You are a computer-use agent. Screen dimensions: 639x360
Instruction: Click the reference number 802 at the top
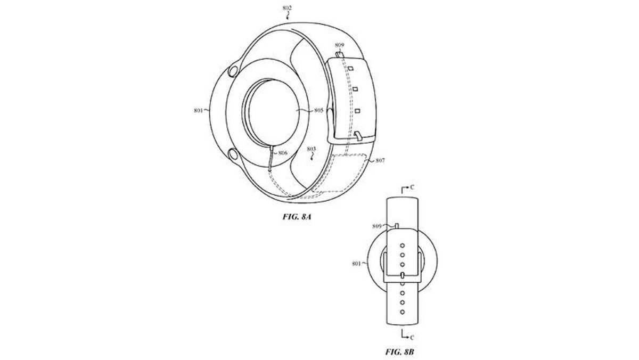(x=287, y=8)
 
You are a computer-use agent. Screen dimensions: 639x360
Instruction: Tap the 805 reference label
(x=319, y=110)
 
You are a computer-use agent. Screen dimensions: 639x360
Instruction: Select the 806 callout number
(x=283, y=153)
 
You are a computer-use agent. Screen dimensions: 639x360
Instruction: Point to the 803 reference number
(x=311, y=149)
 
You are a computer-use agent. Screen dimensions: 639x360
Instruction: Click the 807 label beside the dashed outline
(x=380, y=161)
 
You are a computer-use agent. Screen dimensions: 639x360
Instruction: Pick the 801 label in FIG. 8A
(x=198, y=110)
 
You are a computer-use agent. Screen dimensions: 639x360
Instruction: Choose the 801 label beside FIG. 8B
(x=356, y=264)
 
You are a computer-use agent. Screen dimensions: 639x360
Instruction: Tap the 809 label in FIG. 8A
(x=340, y=45)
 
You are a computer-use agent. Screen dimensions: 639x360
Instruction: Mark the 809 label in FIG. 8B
(x=377, y=226)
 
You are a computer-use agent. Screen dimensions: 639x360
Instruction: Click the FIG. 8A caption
(x=297, y=217)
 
